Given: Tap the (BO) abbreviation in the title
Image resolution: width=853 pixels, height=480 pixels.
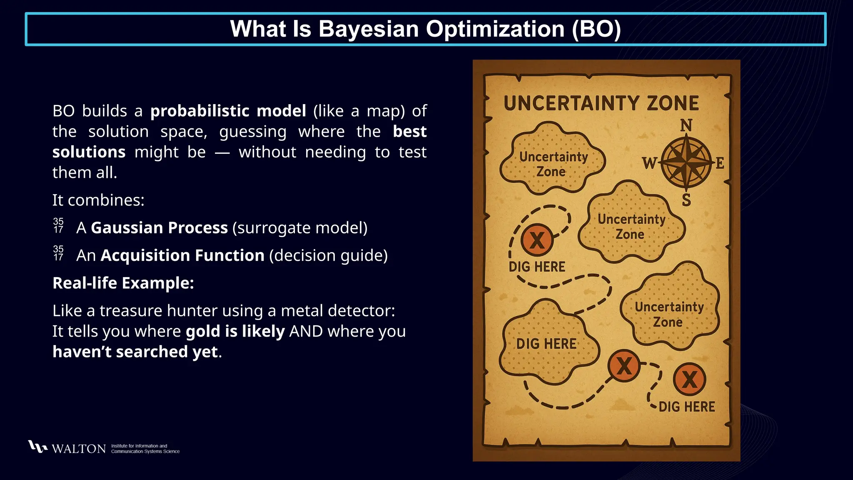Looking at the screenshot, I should point(596,29).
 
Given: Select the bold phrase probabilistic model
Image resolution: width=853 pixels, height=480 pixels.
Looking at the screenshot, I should point(228,111).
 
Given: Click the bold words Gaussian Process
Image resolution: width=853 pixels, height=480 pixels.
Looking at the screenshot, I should point(159,228).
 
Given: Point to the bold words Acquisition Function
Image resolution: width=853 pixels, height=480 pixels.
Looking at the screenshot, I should point(182,255).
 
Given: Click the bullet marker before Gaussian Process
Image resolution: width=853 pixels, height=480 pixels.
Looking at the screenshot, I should point(58,225).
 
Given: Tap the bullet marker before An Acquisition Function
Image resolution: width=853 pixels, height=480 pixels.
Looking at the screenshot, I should point(58,253).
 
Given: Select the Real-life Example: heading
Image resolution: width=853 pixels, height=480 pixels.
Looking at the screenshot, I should point(123,283).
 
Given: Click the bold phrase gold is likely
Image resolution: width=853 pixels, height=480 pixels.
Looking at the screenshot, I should point(235,331).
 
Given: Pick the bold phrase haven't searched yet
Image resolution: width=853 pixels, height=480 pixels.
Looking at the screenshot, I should point(135,352).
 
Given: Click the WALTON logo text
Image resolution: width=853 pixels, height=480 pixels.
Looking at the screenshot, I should point(78,449).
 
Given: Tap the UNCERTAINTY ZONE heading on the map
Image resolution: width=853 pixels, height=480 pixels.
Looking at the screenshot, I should point(601,103).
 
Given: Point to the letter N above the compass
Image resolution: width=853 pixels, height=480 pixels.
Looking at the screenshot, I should point(686,125).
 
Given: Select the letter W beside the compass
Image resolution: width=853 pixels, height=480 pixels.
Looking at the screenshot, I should point(649,163).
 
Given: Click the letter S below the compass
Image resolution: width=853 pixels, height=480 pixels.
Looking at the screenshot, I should point(686,200).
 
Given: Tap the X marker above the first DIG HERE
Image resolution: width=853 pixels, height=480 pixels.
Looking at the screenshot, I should point(537,240).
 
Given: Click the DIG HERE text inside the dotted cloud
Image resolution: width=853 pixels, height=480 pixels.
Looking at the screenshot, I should point(546,344).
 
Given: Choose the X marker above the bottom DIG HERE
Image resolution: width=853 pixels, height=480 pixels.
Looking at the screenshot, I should point(689,379).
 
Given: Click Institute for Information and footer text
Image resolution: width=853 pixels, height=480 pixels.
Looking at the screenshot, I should point(139,446).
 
